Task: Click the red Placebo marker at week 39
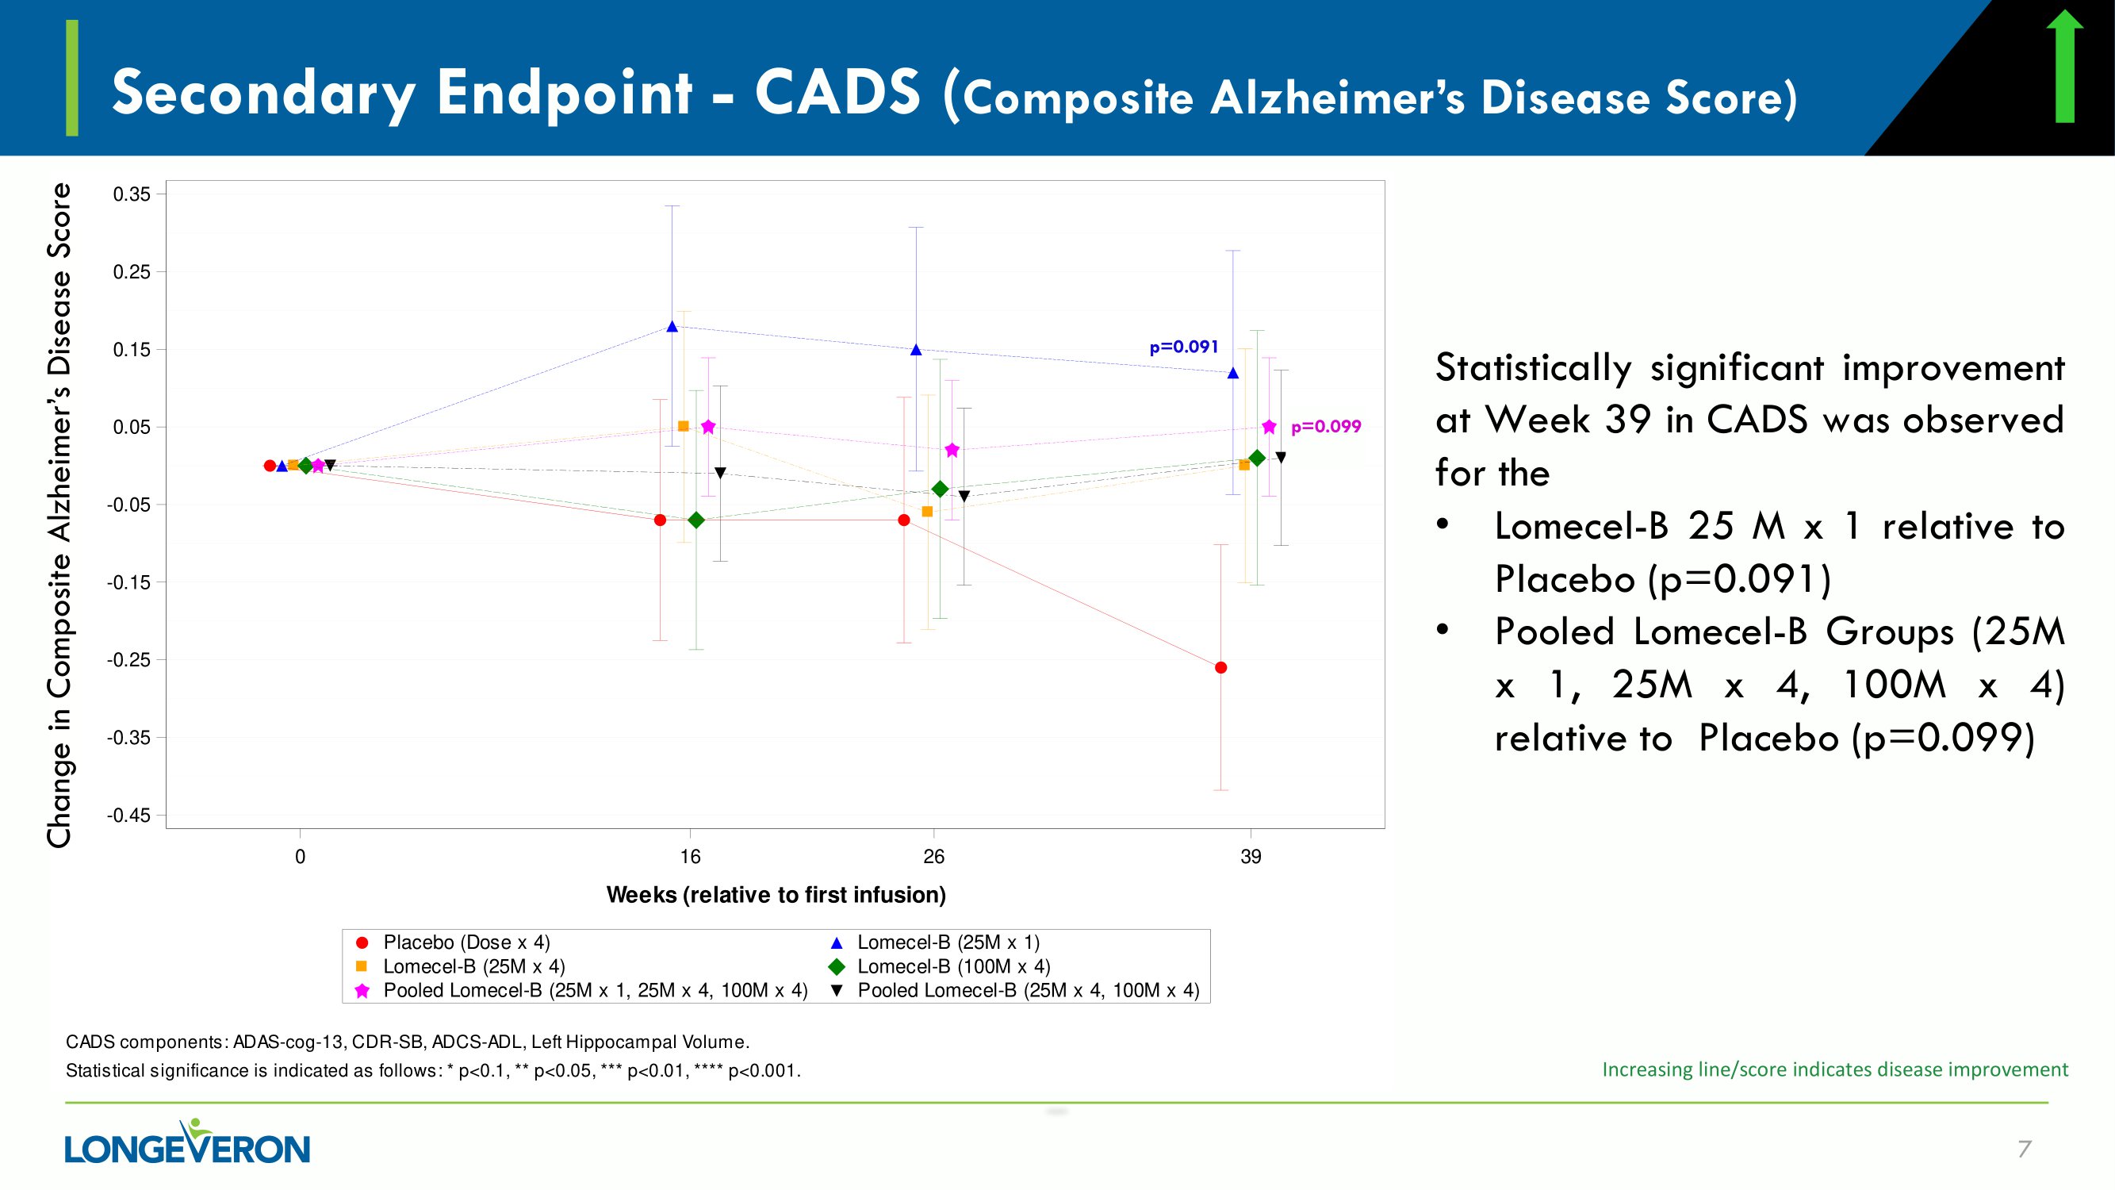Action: [1221, 668]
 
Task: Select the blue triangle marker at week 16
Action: [672, 326]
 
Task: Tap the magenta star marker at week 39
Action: [1270, 427]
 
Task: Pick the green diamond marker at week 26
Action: [940, 489]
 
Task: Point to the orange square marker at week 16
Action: [683, 426]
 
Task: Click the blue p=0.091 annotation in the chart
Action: [1183, 347]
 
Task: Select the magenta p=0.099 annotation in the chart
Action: [1325, 427]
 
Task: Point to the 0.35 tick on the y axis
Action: [132, 194]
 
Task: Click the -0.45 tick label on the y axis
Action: [130, 816]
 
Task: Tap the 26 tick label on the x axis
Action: [933, 858]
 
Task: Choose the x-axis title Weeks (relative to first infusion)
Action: [776, 895]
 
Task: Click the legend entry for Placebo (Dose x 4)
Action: [466, 942]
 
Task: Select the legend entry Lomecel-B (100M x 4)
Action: [953, 966]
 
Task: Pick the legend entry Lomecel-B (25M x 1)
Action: [948, 942]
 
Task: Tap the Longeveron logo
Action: [187, 1143]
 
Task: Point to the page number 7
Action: [2024, 1149]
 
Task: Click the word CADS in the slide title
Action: [837, 92]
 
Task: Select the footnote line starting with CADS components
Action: [408, 1042]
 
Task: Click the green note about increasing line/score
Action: [1834, 1069]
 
